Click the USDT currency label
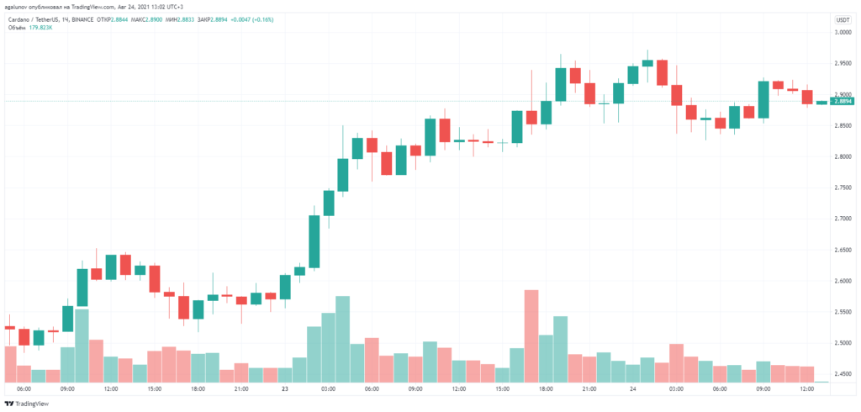coord(842,19)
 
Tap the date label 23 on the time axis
coord(285,389)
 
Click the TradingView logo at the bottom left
coord(27,402)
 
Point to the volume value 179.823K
coord(39,28)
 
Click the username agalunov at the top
coord(17,7)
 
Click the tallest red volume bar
coord(531,335)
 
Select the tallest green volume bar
coord(342,339)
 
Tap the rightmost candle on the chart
coord(821,103)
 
